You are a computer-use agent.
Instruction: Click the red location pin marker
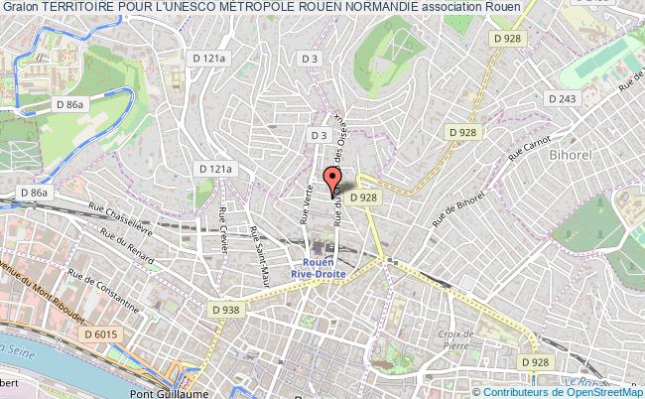point(330,179)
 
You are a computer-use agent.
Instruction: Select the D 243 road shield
point(562,98)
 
